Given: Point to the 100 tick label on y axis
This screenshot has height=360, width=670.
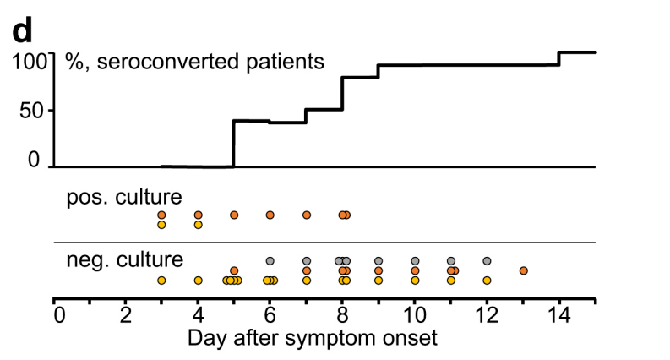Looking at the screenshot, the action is coord(29,61).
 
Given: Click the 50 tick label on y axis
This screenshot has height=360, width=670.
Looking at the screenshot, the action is coord(31,111).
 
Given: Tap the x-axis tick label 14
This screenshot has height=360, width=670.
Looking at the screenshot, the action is coord(558,315).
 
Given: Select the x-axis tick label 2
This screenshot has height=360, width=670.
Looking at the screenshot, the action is coord(125,315).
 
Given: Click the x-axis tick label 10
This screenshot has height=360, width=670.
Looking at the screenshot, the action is coord(415,315).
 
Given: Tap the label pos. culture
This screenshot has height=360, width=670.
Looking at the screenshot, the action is coord(124,197).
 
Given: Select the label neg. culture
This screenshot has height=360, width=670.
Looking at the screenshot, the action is coord(125,259).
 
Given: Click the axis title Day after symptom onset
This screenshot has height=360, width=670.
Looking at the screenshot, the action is coord(313,338).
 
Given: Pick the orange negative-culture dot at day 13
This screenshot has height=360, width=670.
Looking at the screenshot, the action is coord(524,270).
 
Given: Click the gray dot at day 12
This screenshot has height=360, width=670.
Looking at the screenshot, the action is coord(488,261).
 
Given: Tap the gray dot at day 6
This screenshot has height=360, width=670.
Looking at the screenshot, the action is coord(270,261).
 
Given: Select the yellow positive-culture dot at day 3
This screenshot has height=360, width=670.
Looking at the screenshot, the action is coord(161,225).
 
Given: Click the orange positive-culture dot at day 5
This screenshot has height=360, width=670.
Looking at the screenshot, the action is coord(234,215).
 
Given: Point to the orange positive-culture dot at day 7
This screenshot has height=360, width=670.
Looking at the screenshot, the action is coord(307,215).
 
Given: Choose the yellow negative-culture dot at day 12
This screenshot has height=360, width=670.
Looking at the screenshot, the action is coord(488,281).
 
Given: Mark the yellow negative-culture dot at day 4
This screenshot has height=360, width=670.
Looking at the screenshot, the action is coord(198,281).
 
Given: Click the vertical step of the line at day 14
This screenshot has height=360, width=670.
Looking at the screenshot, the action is coord(559,58).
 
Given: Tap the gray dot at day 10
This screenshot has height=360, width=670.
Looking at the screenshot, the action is coord(415,261).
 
